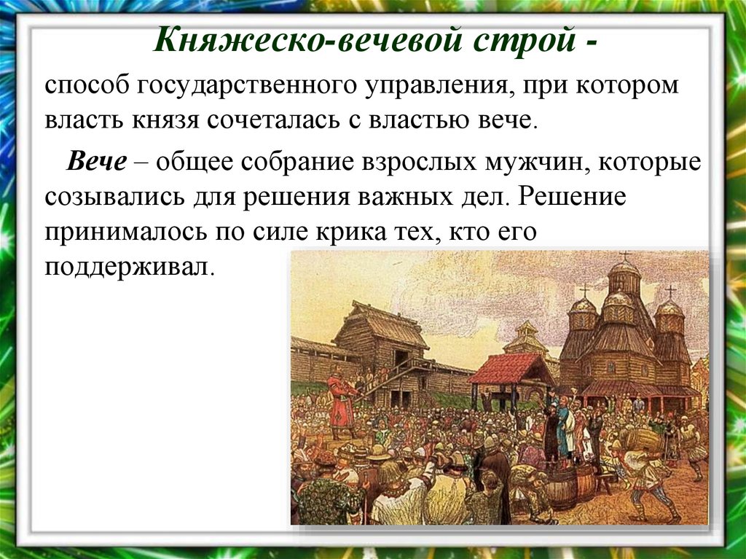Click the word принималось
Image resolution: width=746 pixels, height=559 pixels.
coord(124,232)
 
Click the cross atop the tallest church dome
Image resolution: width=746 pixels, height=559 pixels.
coord(624,256)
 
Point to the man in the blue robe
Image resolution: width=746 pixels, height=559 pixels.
coord(562,430)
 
